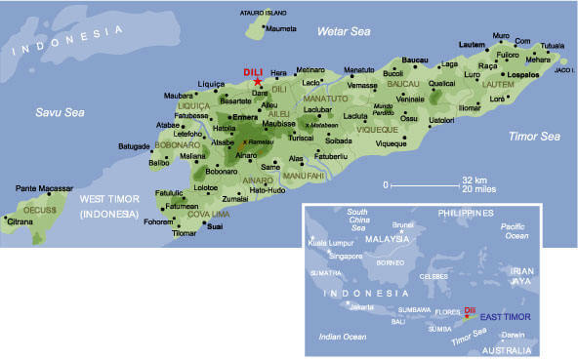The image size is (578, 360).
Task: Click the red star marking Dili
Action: pyautogui.click(x=258, y=81)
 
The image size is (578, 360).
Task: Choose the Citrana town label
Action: pyautogui.click(x=21, y=221)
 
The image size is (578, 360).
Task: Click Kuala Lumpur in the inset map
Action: pyautogui.click(x=330, y=243)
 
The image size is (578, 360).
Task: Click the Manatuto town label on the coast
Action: pyautogui.click(x=359, y=69)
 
